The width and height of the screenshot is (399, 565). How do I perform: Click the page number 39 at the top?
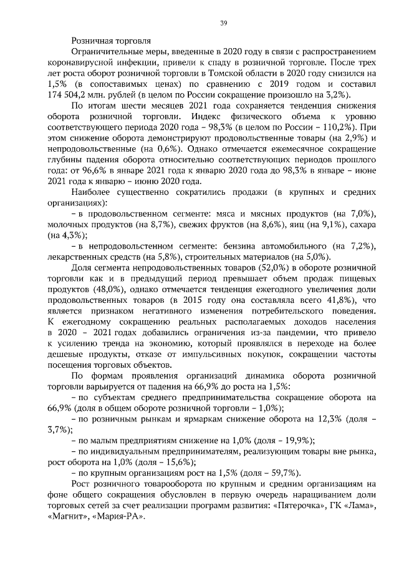click(223, 23)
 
